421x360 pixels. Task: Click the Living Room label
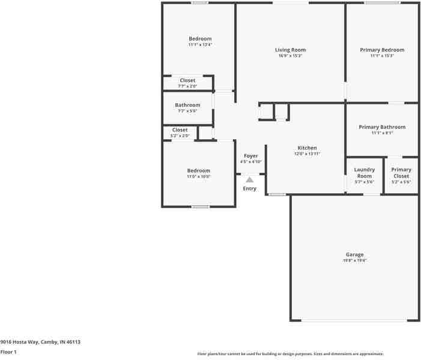(x=290, y=50)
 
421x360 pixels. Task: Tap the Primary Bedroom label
(x=382, y=50)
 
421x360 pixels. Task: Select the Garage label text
(x=354, y=254)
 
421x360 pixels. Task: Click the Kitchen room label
(x=307, y=148)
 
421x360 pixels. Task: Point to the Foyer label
(x=250, y=156)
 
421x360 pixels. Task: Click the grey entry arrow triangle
(x=249, y=179)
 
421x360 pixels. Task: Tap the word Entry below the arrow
(x=249, y=188)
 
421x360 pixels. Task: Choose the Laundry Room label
(x=365, y=173)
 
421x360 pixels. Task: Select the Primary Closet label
(x=401, y=173)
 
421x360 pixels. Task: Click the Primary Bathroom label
(x=382, y=127)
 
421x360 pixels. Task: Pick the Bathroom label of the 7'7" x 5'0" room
(x=187, y=105)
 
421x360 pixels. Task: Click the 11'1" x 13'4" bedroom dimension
(x=200, y=44)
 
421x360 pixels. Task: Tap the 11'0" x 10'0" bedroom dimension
(x=198, y=176)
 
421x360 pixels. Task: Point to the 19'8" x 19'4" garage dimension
(x=354, y=260)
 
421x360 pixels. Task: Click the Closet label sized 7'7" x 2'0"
(x=187, y=80)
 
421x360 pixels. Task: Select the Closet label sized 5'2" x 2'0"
(x=180, y=130)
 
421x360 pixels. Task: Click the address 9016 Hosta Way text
(x=40, y=342)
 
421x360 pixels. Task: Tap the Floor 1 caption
(x=8, y=352)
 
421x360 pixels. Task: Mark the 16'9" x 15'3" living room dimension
(x=290, y=56)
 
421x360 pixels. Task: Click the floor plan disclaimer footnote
(x=290, y=354)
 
